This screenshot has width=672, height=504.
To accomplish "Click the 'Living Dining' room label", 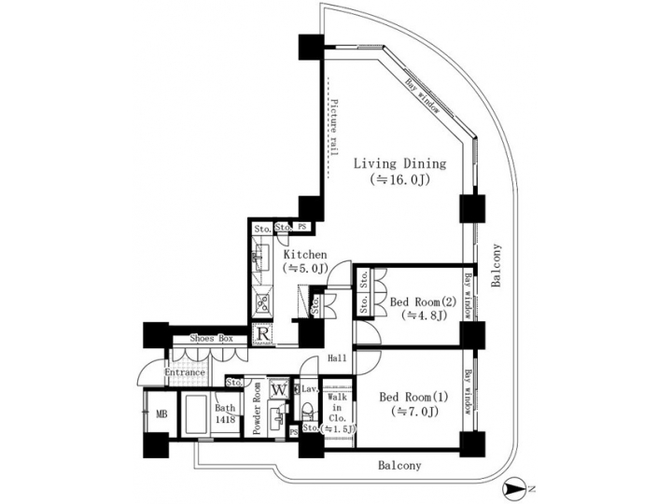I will pyautogui.click(x=400, y=163).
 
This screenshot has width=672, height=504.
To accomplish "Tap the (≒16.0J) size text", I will pyautogui.click(x=400, y=179).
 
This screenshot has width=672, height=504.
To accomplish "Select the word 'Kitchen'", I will pyautogui.click(x=304, y=254).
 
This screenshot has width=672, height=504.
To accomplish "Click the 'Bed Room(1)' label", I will pyautogui.click(x=412, y=395).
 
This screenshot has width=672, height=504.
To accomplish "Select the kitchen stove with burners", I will pyautogui.click(x=261, y=301).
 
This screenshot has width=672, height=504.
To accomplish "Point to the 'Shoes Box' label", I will pyautogui.click(x=211, y=339).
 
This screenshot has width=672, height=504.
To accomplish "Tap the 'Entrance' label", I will pyautogui.click(x=185, y=373).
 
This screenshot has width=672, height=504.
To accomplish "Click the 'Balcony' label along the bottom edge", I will pyautogui.click(x=399, y=465).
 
